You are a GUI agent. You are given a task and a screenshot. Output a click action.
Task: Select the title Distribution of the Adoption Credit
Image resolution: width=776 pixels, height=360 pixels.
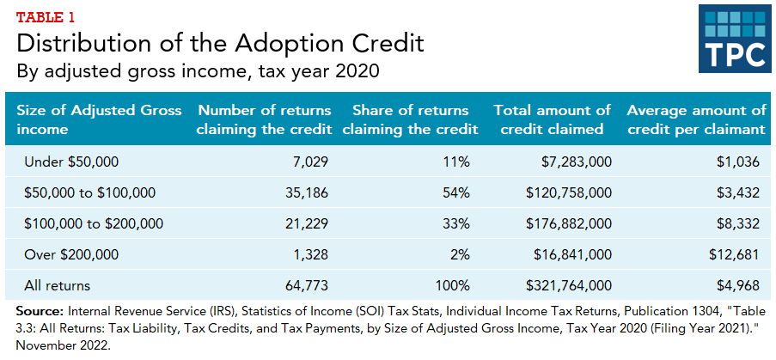click(220, 42)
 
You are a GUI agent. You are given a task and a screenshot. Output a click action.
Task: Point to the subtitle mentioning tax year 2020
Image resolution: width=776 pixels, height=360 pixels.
click(201, 70)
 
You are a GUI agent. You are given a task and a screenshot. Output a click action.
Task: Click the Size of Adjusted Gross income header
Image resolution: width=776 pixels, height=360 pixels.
click(99, 120)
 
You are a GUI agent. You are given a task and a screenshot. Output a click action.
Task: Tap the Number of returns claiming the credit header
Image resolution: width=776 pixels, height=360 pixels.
click(263, 120)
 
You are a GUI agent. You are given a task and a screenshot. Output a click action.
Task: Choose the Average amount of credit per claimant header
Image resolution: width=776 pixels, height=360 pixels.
click(696, 120)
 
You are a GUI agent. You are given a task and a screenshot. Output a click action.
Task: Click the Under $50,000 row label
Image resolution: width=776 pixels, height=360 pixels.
click(71, 162)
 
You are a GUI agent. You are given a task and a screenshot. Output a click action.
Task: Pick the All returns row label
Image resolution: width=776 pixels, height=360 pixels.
click(58, 285)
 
